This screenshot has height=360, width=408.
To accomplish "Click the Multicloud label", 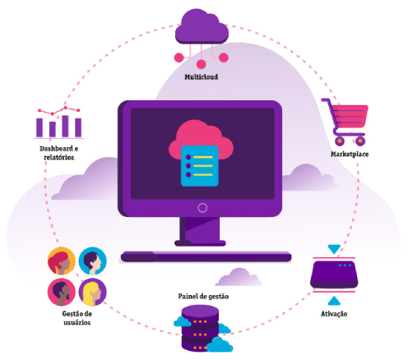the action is (x=202, y=76).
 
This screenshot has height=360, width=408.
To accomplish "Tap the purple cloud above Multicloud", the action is (x=202, y=26).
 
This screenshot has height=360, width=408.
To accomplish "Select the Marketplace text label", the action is (x=350, y=155).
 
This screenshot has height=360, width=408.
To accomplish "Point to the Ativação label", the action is (x=334, y=314).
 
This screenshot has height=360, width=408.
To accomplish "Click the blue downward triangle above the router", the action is (x=334, y=249).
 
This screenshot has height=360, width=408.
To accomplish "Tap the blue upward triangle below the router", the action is (x=334, y=301).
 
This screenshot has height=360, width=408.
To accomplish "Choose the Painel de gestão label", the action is (x=203, y=297).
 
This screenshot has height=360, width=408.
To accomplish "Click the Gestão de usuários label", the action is (x=77, y=318).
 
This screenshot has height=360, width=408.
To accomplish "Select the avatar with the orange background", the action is (x=62, y=261).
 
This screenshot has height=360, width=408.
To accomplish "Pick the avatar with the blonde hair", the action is (x=93, y=292).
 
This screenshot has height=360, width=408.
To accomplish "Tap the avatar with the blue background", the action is (x=93, y=261).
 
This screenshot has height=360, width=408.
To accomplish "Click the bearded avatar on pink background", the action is (x=62, y=292).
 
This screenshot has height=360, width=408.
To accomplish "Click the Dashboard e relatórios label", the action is (x=59, y=153).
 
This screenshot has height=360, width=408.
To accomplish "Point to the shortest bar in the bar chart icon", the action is (x=53, y=129).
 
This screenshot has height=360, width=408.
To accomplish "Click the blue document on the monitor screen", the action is (x=200, y=166).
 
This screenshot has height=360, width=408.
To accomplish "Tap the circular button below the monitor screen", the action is (x=202, y=208).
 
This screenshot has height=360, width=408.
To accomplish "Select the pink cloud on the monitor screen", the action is (x=201, y=140).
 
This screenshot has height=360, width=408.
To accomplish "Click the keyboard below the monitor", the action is (x=206, y=257).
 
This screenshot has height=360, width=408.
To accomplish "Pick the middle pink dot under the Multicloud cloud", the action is (x=201, y=64).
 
